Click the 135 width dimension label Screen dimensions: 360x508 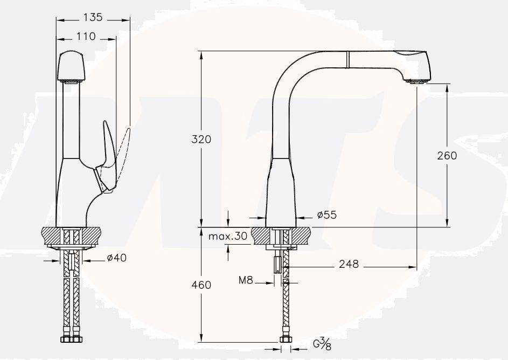point(92,18)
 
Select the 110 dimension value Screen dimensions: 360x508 point(85,37)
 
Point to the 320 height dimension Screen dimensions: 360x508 point(201,139)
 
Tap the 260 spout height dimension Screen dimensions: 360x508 point(447,155)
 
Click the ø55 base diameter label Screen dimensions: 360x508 point(326,215)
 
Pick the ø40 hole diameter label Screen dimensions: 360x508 point(116,258)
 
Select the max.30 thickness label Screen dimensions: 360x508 point(228,236)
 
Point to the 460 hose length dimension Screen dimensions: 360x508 point(201,285)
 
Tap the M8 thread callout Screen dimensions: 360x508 point(246,280)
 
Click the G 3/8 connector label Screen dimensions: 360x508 point(322,343)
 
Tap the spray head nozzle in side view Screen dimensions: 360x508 point(417,81)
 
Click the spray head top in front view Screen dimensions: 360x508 point(71,65)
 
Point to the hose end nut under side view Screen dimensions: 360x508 point(286,340)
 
